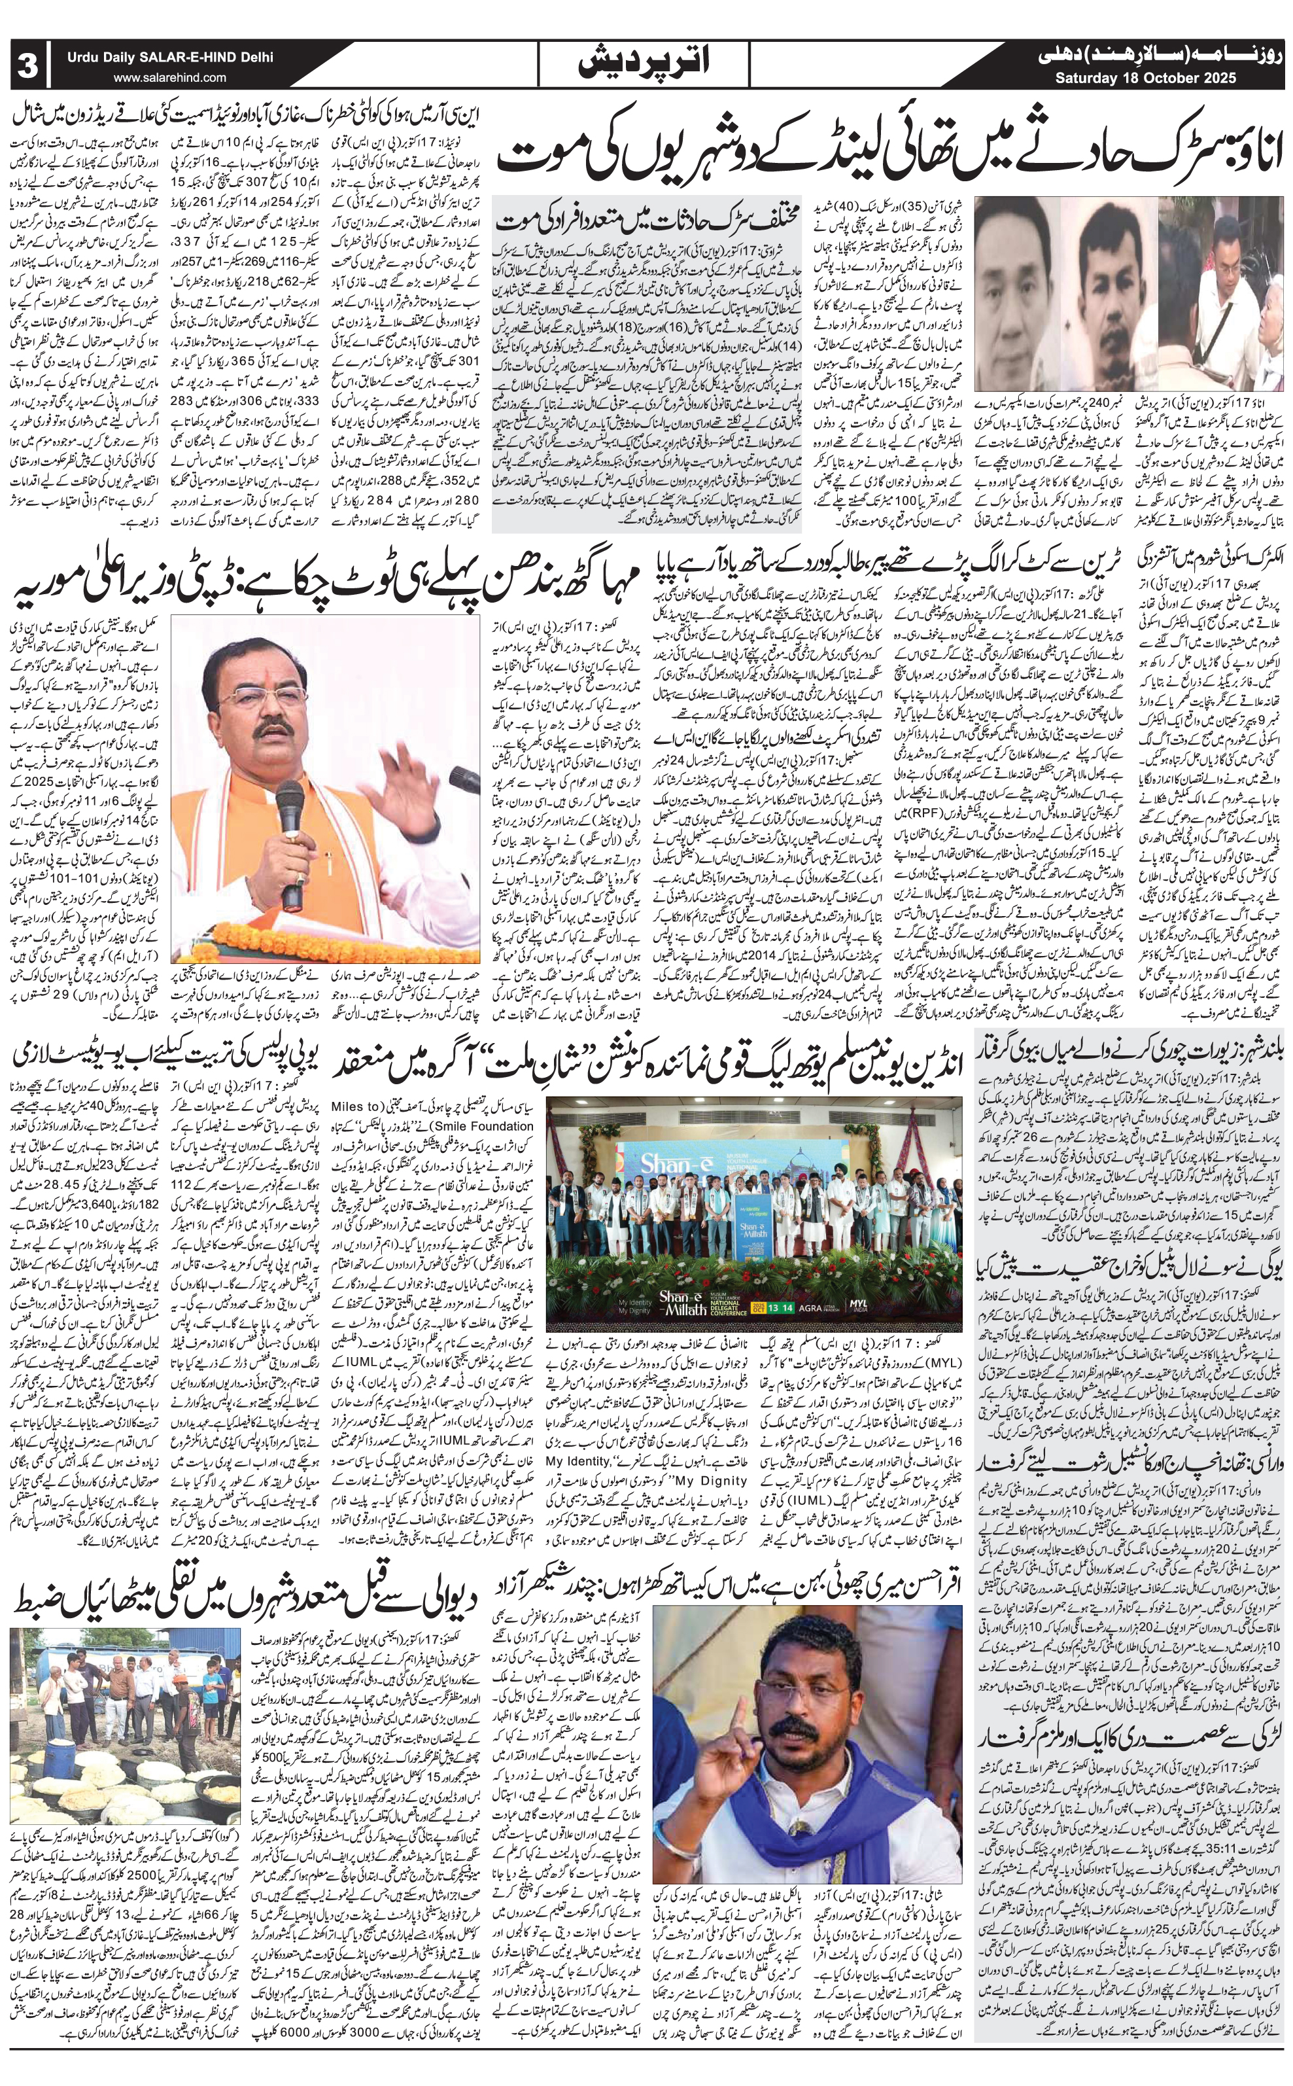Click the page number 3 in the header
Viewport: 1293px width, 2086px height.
point(27,65)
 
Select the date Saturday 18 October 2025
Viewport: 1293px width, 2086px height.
point(1146,79)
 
